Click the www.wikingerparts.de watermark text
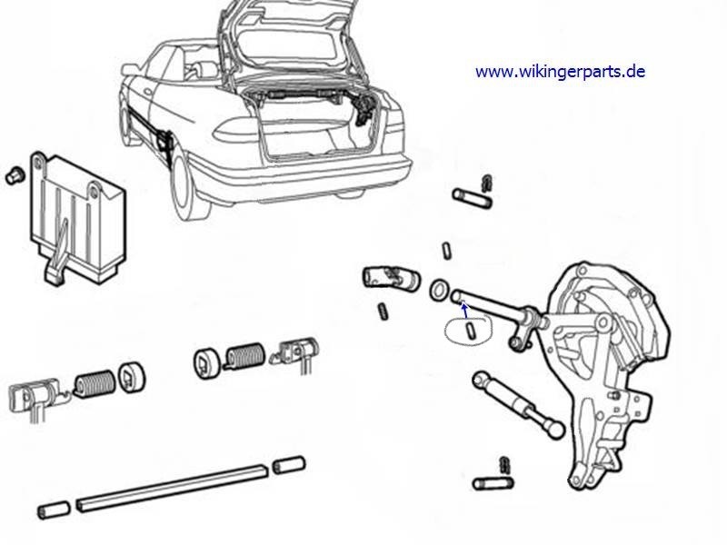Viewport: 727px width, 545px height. point(560,72)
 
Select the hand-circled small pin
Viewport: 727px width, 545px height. point(470,331)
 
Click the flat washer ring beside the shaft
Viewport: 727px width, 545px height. point(439,290)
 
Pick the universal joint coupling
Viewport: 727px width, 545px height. point(391,277)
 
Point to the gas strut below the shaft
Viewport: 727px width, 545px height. point(518,404)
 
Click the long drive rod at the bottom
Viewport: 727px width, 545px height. point(173,488)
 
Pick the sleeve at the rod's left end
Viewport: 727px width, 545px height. point(55,510)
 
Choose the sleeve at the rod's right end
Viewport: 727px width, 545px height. point(289,465)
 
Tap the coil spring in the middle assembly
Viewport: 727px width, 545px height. point(244,356)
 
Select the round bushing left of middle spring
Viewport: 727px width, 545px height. point(206,361)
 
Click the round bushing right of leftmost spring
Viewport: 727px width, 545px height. point(132,376)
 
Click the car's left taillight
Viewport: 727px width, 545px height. point(236,130)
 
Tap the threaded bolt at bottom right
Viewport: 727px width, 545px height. point(493,484)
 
